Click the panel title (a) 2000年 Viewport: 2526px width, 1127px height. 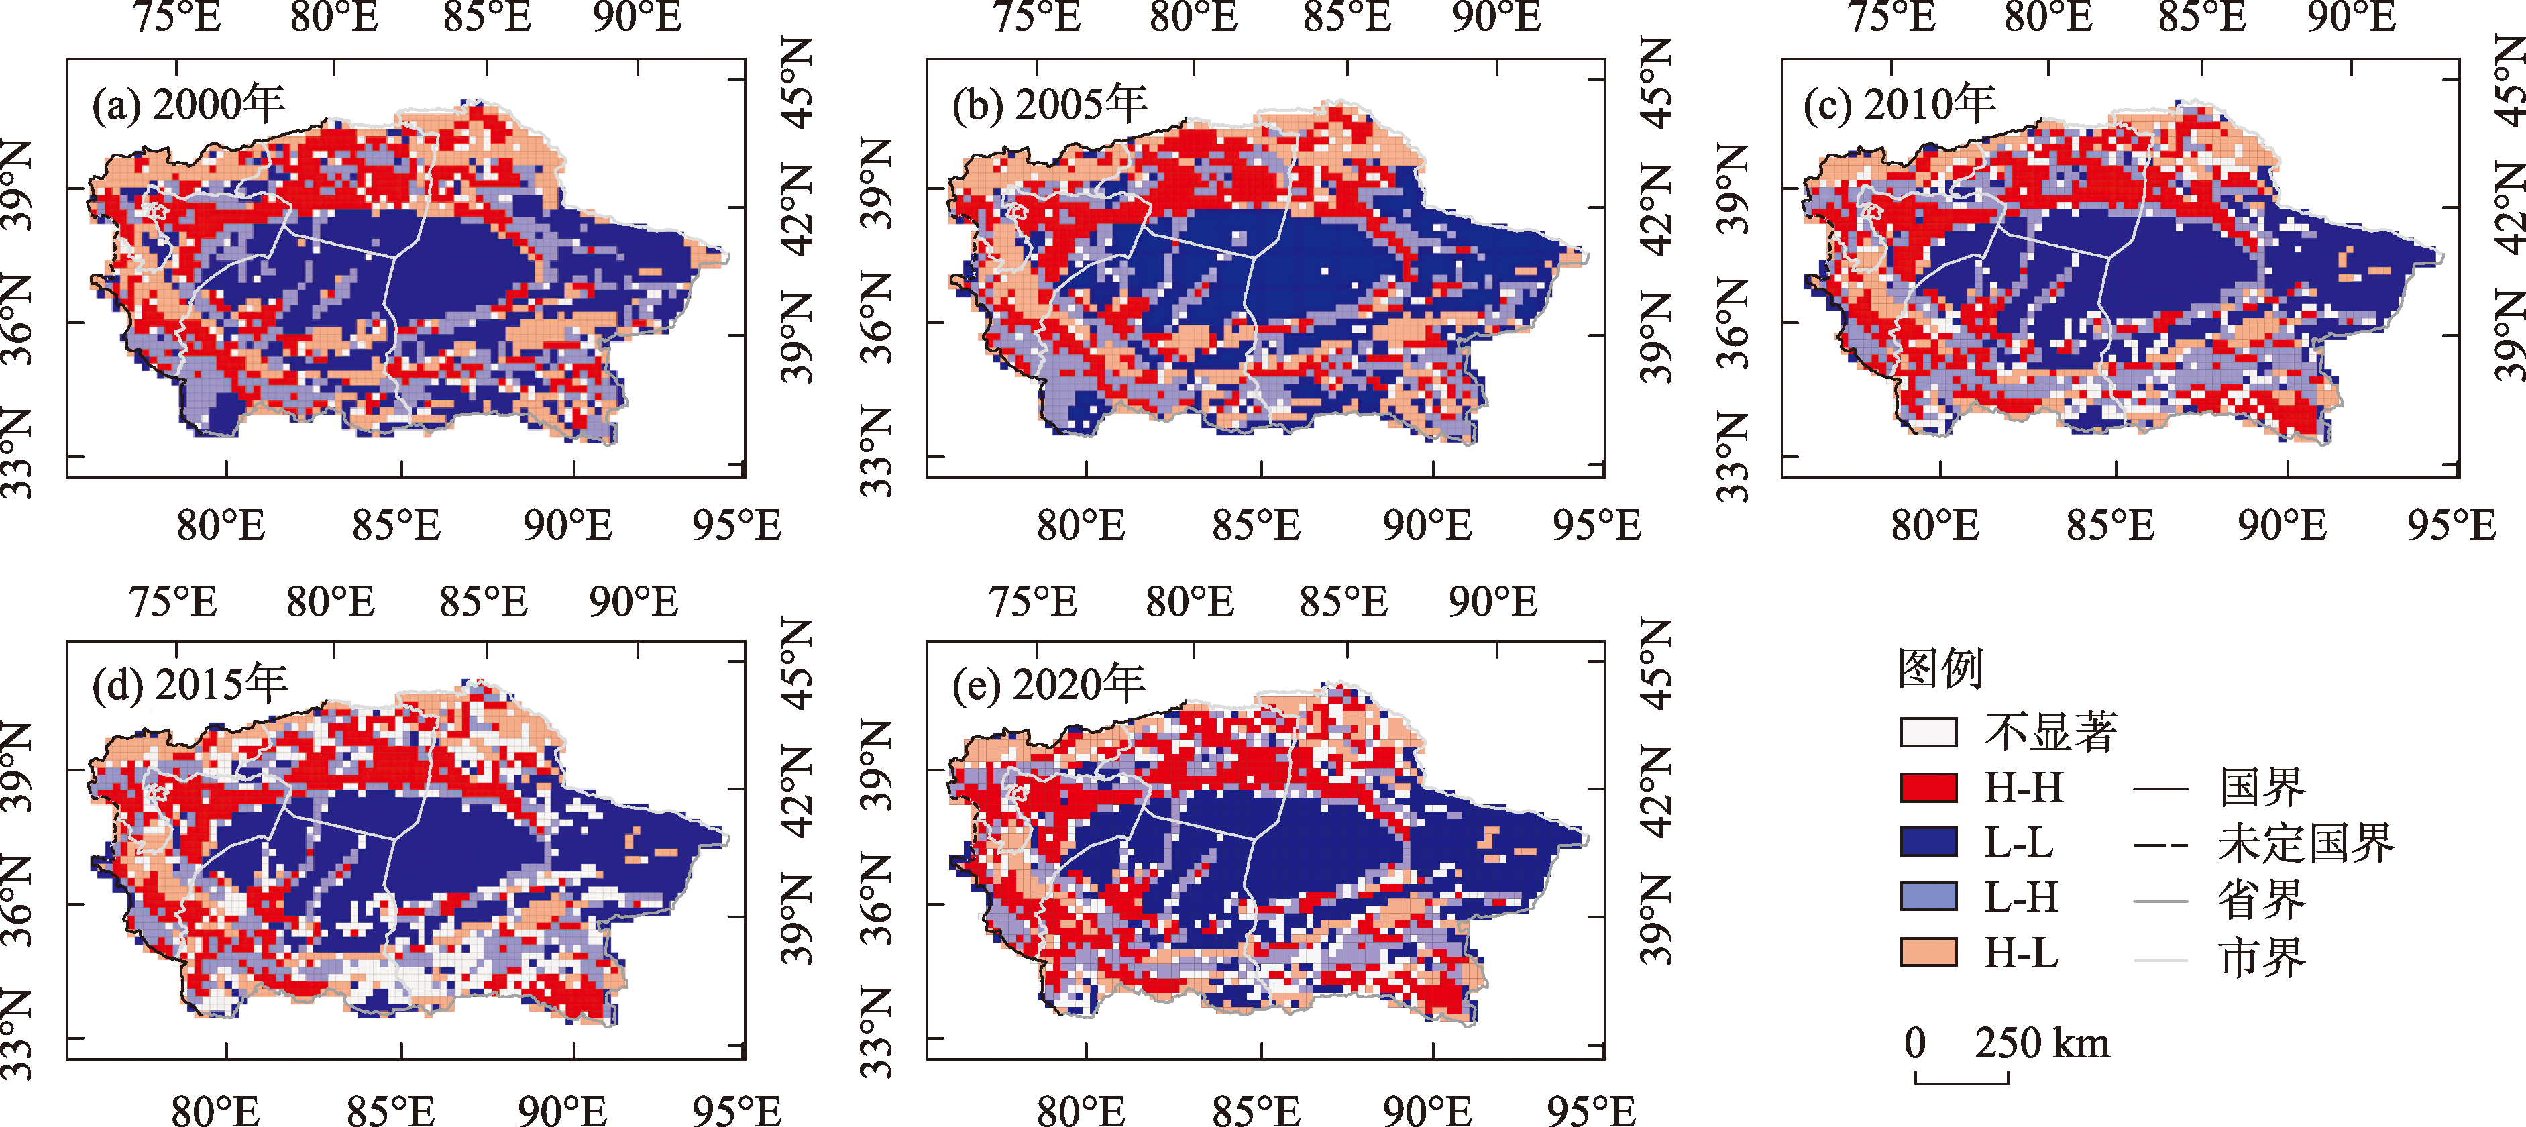pos(188,104)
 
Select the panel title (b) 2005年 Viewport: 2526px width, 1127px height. pos(1049,104)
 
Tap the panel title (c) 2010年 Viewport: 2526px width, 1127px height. pos(1900,104)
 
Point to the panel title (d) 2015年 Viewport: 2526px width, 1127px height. pos(189,684)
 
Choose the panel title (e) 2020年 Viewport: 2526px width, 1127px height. pos(1048,684)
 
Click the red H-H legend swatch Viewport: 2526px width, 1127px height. pos(1928,788)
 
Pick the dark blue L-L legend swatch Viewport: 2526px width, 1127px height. pos(1928,843)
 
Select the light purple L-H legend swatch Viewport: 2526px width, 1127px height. pos(1928,896)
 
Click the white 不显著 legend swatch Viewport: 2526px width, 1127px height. pos(1928,733)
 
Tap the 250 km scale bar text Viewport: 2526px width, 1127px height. pos(2042,1042)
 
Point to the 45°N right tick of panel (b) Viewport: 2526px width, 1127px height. pos(1656,83)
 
